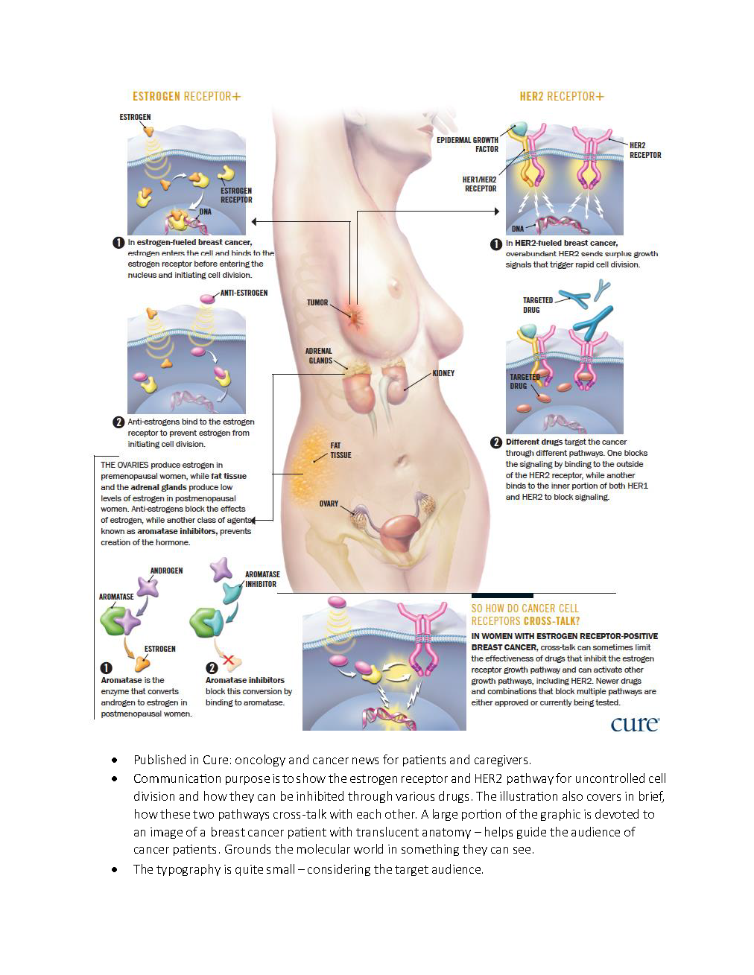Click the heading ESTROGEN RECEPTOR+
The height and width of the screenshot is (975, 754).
click(x=186, y=96)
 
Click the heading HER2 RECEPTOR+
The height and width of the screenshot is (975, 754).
click(x=561, y=96)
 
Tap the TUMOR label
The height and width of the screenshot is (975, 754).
click(x=317, y=302)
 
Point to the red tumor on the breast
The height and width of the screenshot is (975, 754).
click(x=355, y=317)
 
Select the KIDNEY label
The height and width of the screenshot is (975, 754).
click(x=443, y=373)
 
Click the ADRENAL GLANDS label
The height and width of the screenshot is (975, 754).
click(x=319, y=356)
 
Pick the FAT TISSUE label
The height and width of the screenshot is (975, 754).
click(x=340, y=451)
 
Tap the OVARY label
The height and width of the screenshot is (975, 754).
click(x=329, y=504)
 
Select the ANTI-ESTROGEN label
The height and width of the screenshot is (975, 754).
click(x=244, y=293)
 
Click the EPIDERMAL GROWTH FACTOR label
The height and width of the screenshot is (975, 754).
click(x=468, y=144)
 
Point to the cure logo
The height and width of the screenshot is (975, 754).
click(x=635, y=723)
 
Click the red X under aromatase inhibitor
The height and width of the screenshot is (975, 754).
click(x=229, y=659)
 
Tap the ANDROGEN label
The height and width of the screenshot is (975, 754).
click(x=166, y=571)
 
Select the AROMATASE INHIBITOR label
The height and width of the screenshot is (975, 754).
click(x=262, y=579)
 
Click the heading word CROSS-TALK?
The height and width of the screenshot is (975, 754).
click(x=551, y=621)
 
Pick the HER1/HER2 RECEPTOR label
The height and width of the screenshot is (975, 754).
click(x=479, y=184)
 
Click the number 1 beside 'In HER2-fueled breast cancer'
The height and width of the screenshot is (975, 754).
click(x=495, y=244)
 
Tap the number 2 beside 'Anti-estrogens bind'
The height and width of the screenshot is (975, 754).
click(x=118, y=422)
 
